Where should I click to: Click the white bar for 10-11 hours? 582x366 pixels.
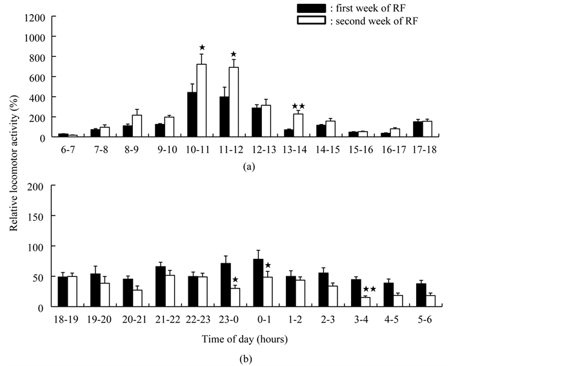click(202, 101)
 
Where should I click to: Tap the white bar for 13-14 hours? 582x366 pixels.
click(298, 125)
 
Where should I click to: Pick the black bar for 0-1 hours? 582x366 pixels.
click(257, 283)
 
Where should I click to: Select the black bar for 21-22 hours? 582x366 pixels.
click(160, 287)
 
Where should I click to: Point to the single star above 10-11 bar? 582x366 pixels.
click(202, 47)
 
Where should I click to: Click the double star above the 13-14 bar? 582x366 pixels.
click(298, 106)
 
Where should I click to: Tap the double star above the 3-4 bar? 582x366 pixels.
click(369, 289)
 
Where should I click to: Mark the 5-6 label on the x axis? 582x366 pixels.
click(432, 319)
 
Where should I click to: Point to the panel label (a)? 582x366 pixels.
click(249, 166)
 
